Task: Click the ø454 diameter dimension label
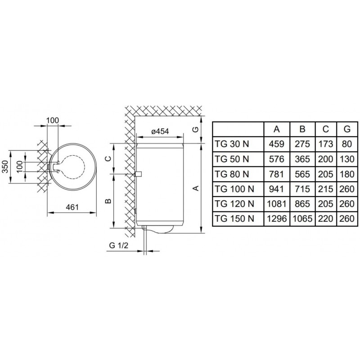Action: (x=160, y=131)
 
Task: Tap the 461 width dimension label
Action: (x=72, y=207)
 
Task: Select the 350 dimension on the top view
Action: (x=5, y=166)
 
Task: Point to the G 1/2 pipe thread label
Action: (x=118, y=245)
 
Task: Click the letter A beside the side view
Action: (x=196, y=188)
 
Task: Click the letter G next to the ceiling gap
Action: (x=195, y=130)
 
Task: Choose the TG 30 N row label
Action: (x=232, y=144)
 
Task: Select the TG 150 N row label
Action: (x=234, y=218)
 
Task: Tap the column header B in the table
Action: (x=302, y=129)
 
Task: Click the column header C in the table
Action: (x=325, y=129)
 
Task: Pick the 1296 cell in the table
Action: (x=277, y=218)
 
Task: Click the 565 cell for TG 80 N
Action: (x=302, y=174)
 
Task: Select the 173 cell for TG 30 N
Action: (x=325, y=144)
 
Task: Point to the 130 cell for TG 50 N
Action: (x=347, y=159)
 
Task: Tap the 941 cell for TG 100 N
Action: (x=277, y=189)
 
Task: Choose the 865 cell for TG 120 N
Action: (x=302, y=204)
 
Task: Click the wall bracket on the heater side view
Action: (x=139, y=174)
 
